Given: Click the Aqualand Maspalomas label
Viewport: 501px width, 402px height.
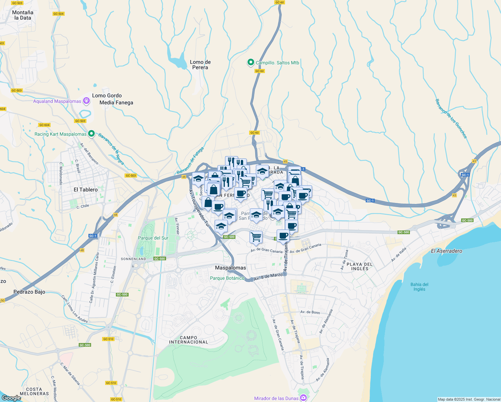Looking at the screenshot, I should (57, 101).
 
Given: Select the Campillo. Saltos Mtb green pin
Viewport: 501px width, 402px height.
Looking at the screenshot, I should (250, 62).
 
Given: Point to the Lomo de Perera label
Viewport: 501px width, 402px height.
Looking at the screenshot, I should (200, 65).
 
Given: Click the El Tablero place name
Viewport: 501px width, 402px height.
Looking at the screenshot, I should (86, 190).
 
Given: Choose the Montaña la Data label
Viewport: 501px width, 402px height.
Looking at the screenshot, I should (23, 15).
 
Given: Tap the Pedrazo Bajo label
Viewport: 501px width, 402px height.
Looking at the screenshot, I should (29, 292).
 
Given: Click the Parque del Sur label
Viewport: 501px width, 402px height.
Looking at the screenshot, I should (153, 238).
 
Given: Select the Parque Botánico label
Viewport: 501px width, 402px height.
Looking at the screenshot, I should (227, 278).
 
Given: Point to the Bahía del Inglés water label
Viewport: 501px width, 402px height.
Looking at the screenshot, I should (419, 287).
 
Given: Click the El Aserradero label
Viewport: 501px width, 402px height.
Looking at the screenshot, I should (446, 251).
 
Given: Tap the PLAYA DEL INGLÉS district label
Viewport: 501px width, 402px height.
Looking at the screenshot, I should (360, 266).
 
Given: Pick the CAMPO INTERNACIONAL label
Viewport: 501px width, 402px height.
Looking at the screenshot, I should (189, 340).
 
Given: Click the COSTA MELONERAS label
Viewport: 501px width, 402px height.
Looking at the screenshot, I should (34, 391).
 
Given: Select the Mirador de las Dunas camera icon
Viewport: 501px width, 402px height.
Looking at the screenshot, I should (303, 398).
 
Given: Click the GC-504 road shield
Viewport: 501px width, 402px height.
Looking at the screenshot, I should (59, 14).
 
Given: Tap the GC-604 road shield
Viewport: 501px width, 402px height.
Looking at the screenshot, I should (44, 125).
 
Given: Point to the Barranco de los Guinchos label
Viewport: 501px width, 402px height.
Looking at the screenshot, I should (451, 118).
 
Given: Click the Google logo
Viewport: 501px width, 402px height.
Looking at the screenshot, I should (11, 398).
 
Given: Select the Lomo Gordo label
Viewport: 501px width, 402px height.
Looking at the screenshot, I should (107, 95).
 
